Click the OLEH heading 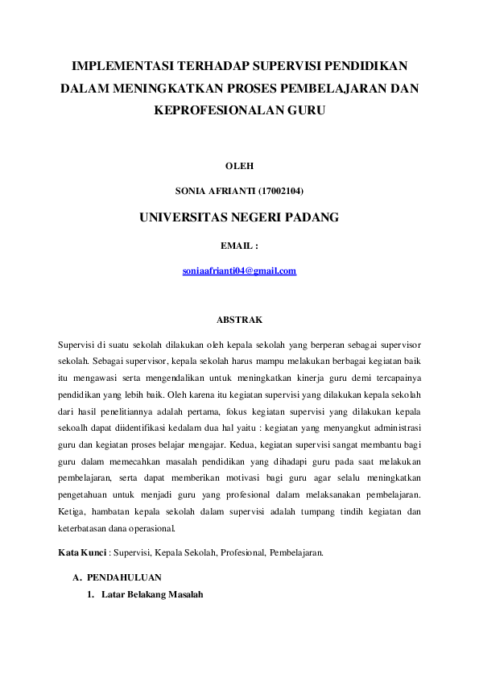(239, 166)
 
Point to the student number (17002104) (276, 191)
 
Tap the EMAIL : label (239, 245)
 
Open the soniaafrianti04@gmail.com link (239, 271)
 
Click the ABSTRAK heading (239, 320)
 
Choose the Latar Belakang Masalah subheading (152, 595)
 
